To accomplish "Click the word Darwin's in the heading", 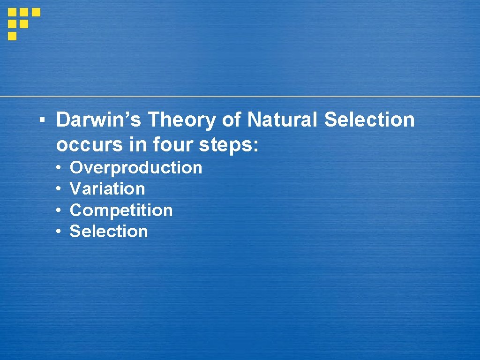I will pos(99,120).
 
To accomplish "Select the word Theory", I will pos(182,120).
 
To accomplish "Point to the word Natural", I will pos(283,120).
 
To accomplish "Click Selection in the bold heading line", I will pos(369,120).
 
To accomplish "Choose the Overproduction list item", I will pos(136,168).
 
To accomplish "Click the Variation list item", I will pos(107,189).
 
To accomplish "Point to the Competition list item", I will pos(121,210).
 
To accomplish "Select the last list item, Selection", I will pos(109,232).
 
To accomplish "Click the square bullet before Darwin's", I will pos(42,120).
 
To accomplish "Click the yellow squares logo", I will pos(23,23).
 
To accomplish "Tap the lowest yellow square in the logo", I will pos(12,36).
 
